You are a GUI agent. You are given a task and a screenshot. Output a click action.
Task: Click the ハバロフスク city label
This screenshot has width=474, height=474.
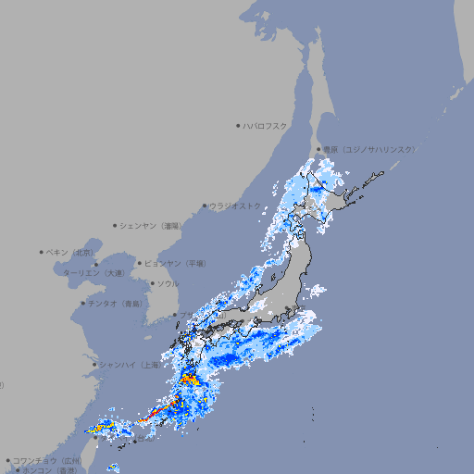pyautogui.click(x=266, y=125)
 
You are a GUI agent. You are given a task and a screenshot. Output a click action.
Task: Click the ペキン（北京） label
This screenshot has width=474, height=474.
pyautogui.click(x=71, y=252)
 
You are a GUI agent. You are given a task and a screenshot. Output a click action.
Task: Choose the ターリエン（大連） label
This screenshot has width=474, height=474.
pyautogui.click(x=94, y=273)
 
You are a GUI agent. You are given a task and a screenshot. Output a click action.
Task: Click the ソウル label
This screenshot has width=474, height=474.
pyautogui.click(x=168, y=283)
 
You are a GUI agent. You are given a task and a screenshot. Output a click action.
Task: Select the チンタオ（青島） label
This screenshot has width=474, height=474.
pyautogui.click(x=116, y=303)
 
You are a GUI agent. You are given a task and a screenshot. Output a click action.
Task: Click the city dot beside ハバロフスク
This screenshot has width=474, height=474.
pyautogui.click(x=238, y=125)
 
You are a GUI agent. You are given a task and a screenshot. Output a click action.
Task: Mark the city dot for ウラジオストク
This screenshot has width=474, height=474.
pyautogui.click(x=205, y=206)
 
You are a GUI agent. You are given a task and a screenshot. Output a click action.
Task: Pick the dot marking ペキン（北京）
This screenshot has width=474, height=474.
pyautogui.click(x=41, y=252)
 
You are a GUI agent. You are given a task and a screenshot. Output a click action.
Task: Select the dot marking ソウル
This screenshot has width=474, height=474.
pyautogui.click(x=151, y=283)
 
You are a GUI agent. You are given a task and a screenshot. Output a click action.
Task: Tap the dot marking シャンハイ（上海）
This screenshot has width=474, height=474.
pyautogui.click(x=94, y=365)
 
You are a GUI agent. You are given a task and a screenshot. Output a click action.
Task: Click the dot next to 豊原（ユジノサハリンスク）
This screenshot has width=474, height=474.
pyautogui.click(x=318, y=149)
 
